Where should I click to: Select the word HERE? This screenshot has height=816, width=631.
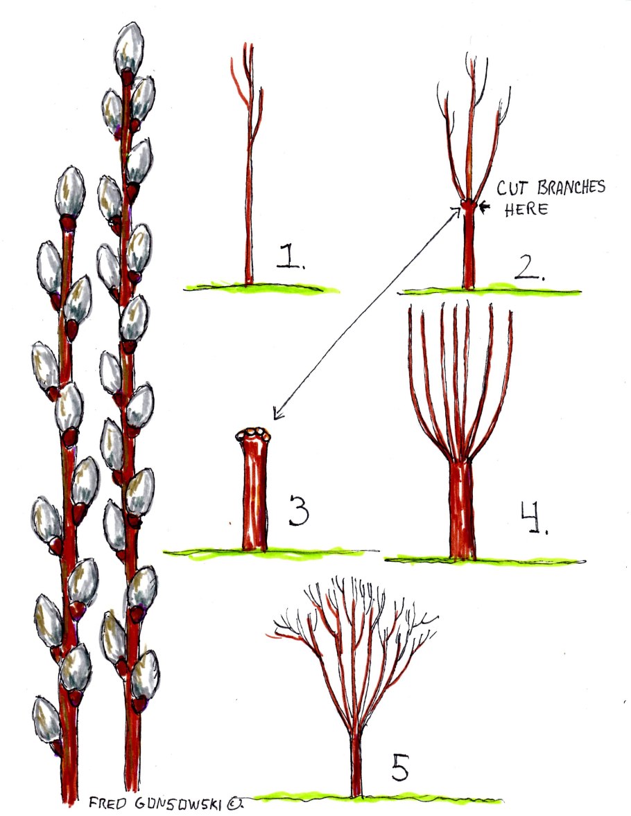click(526, 209)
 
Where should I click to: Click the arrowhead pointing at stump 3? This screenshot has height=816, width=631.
click(277, 416)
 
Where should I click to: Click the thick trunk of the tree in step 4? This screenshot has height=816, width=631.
click(461, 509)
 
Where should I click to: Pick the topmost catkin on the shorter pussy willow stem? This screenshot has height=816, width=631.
click(69, 193)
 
